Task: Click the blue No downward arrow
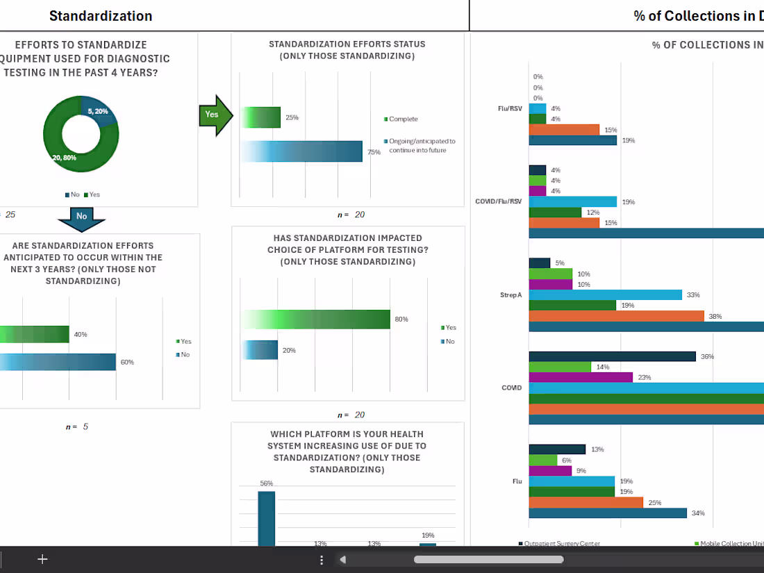(x=81, y=217)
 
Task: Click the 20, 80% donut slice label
(x=64, y=158)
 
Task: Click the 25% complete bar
(x=262, y=117)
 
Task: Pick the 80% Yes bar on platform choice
(x=317, y=319)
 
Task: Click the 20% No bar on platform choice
(x=260, y=350)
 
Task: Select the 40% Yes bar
(x=35, y=334)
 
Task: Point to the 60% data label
(x=127, y=362)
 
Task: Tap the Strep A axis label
(x=510, y=295)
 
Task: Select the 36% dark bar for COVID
(x=612, y=356)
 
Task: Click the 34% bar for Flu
(x=608, y=513)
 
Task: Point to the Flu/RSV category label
(x=510, y=108)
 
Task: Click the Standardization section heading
(x=101, y=15)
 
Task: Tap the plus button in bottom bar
(x=42, y=559)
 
